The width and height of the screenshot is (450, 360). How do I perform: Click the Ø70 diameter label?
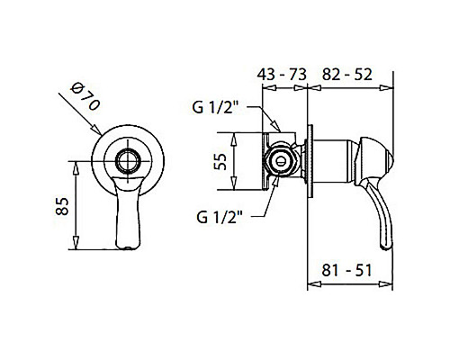85,96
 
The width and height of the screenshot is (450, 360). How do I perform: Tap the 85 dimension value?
62,206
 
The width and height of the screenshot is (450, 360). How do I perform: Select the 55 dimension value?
220,161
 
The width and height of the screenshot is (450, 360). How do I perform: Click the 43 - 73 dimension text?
282,74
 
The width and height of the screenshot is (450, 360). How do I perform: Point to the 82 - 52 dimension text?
347,74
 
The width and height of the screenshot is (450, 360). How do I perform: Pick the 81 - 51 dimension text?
346,270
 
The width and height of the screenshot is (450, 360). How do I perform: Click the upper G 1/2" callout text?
215,107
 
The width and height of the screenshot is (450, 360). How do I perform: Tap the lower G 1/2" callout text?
220,217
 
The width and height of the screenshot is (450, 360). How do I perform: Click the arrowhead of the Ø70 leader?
96,130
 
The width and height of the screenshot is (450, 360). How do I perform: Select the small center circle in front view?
129,161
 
